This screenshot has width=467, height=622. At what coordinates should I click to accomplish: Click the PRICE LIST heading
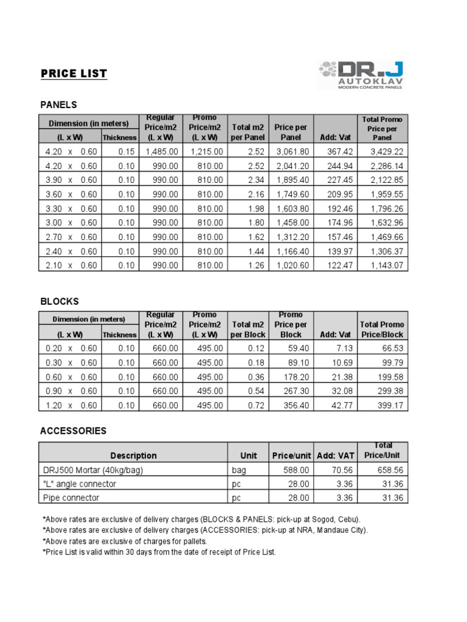[74, 74]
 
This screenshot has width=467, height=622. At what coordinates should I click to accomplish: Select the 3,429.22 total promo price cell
[382, 152]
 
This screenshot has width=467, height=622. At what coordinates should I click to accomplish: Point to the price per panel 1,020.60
[292, 265]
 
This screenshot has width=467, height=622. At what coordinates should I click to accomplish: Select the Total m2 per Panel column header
[248, 132]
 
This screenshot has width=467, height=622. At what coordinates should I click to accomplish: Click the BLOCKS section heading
[60, 301]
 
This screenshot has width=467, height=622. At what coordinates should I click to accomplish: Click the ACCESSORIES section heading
[73, 431]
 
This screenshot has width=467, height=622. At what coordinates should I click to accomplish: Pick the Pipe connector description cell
[71, 498]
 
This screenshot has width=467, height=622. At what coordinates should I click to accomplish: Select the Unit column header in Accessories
[248, 456]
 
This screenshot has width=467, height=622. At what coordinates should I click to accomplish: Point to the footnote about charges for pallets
[125, 541]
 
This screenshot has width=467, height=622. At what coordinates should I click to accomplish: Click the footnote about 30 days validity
[159, 552]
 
